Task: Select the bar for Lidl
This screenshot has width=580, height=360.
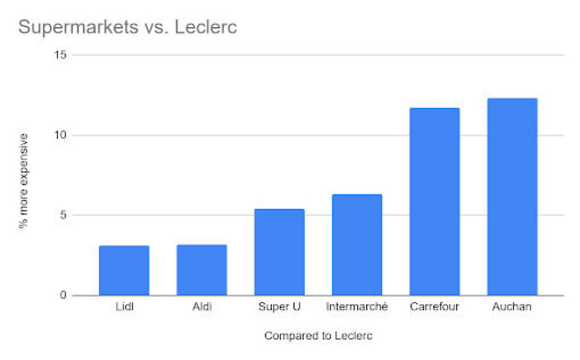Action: point(124,271)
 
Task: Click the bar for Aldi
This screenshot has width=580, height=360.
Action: point(202,270)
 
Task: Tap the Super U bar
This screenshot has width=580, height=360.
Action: point(279,252)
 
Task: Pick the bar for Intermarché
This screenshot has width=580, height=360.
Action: point(357,245)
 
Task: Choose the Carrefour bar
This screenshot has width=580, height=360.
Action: point(434,202)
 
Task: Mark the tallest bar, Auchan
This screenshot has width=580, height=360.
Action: point(512,197)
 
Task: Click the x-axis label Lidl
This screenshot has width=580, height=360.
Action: point(124,307)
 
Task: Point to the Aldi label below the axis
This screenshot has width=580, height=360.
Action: point(202,307)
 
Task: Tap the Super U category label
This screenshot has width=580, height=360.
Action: point(279,307)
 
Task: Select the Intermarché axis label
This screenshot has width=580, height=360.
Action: point(357,307)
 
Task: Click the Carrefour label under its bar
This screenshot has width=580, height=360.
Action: point(434,307)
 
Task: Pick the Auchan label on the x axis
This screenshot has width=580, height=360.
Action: point(512,307)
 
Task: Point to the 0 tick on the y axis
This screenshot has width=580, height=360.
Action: point(62,295)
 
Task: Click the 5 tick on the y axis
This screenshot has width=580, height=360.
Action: point(62,216)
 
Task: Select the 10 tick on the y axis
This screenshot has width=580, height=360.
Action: point(59,135)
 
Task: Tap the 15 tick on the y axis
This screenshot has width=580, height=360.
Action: point(59,55)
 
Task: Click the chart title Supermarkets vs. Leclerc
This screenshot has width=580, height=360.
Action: point(127,27)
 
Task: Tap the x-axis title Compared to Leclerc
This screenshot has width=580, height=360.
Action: point(318,336)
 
